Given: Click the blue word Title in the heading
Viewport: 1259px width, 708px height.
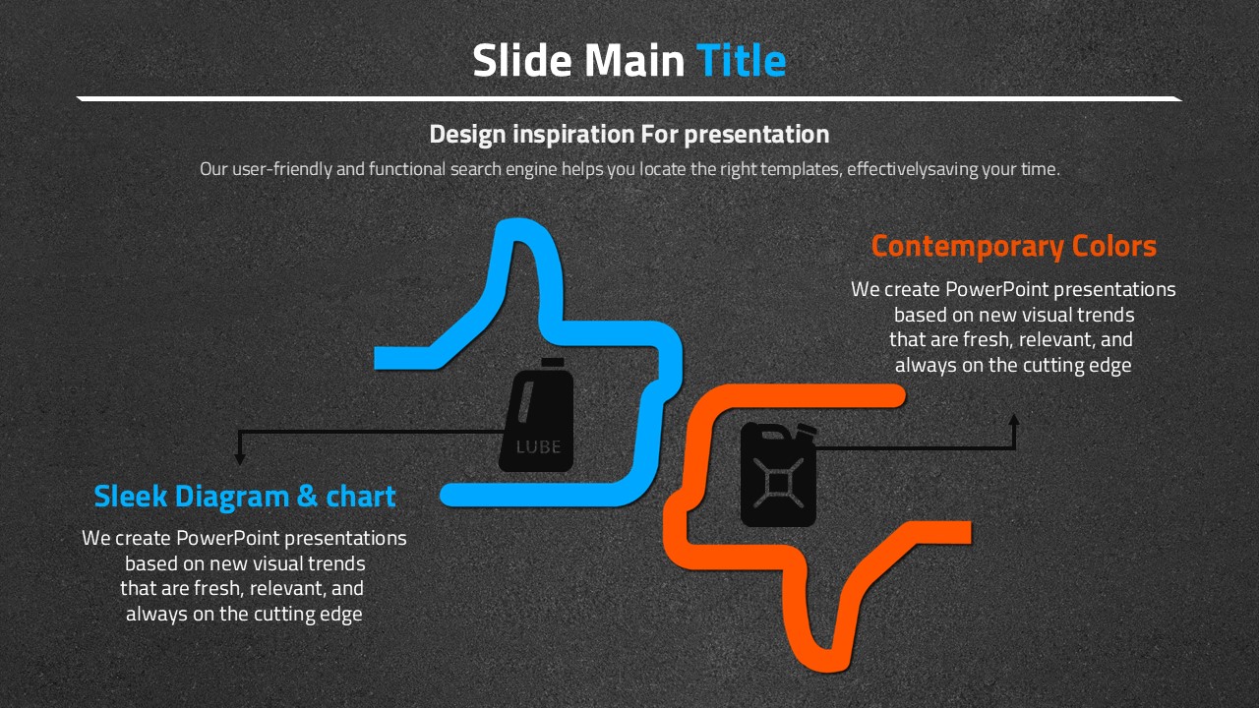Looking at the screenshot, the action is tap(741, 60).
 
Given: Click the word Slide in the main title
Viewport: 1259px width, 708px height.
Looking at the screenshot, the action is tap(522, 60).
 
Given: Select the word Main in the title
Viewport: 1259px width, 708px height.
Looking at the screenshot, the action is tap(634, 60).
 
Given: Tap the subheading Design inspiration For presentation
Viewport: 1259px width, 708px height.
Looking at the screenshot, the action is tap(629, 135).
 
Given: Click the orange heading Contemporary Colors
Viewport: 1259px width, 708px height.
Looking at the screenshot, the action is tap(1013, 246).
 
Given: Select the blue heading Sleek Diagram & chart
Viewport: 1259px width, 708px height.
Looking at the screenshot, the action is tap(245, 497).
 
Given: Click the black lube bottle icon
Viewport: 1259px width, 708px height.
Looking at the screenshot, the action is tap(537, 415).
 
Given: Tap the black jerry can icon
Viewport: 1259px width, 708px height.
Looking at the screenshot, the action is tap(778, 475).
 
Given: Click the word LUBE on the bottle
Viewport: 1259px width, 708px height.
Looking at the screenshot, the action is tap(538, 447).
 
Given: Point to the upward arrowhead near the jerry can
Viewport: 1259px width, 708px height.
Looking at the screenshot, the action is tap(1014, 421).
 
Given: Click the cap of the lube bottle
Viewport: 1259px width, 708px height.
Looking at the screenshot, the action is tap(553, 363).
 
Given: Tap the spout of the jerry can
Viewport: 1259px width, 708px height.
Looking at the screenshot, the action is tap(806, 430).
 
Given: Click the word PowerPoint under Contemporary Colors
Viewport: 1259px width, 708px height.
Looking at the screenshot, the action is tap(997, 289).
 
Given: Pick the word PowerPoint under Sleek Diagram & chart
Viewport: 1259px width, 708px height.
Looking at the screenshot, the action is tap(228, 538).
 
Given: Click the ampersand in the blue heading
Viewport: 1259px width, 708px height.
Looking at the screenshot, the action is tap(307, 497).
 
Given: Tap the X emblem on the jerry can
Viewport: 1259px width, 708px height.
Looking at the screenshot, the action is tap(778, 483).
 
